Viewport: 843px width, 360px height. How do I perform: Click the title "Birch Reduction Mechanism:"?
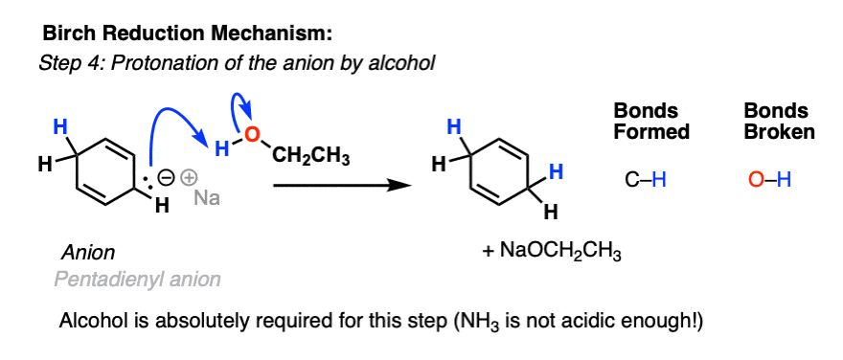(x=188, y=34)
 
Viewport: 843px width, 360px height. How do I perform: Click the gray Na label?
(x=207, y=199)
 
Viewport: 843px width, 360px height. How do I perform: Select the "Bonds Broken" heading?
(x=779, y=122)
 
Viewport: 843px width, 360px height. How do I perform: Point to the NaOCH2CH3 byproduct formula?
(x=553, y=255)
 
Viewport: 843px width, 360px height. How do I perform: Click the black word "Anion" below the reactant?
(x=88, y=254)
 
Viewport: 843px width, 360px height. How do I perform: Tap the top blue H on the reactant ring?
(x=58, y=126)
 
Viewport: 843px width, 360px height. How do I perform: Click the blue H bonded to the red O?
(x=222, y=149)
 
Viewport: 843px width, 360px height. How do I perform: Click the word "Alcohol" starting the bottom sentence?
(x=91, y=319)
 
